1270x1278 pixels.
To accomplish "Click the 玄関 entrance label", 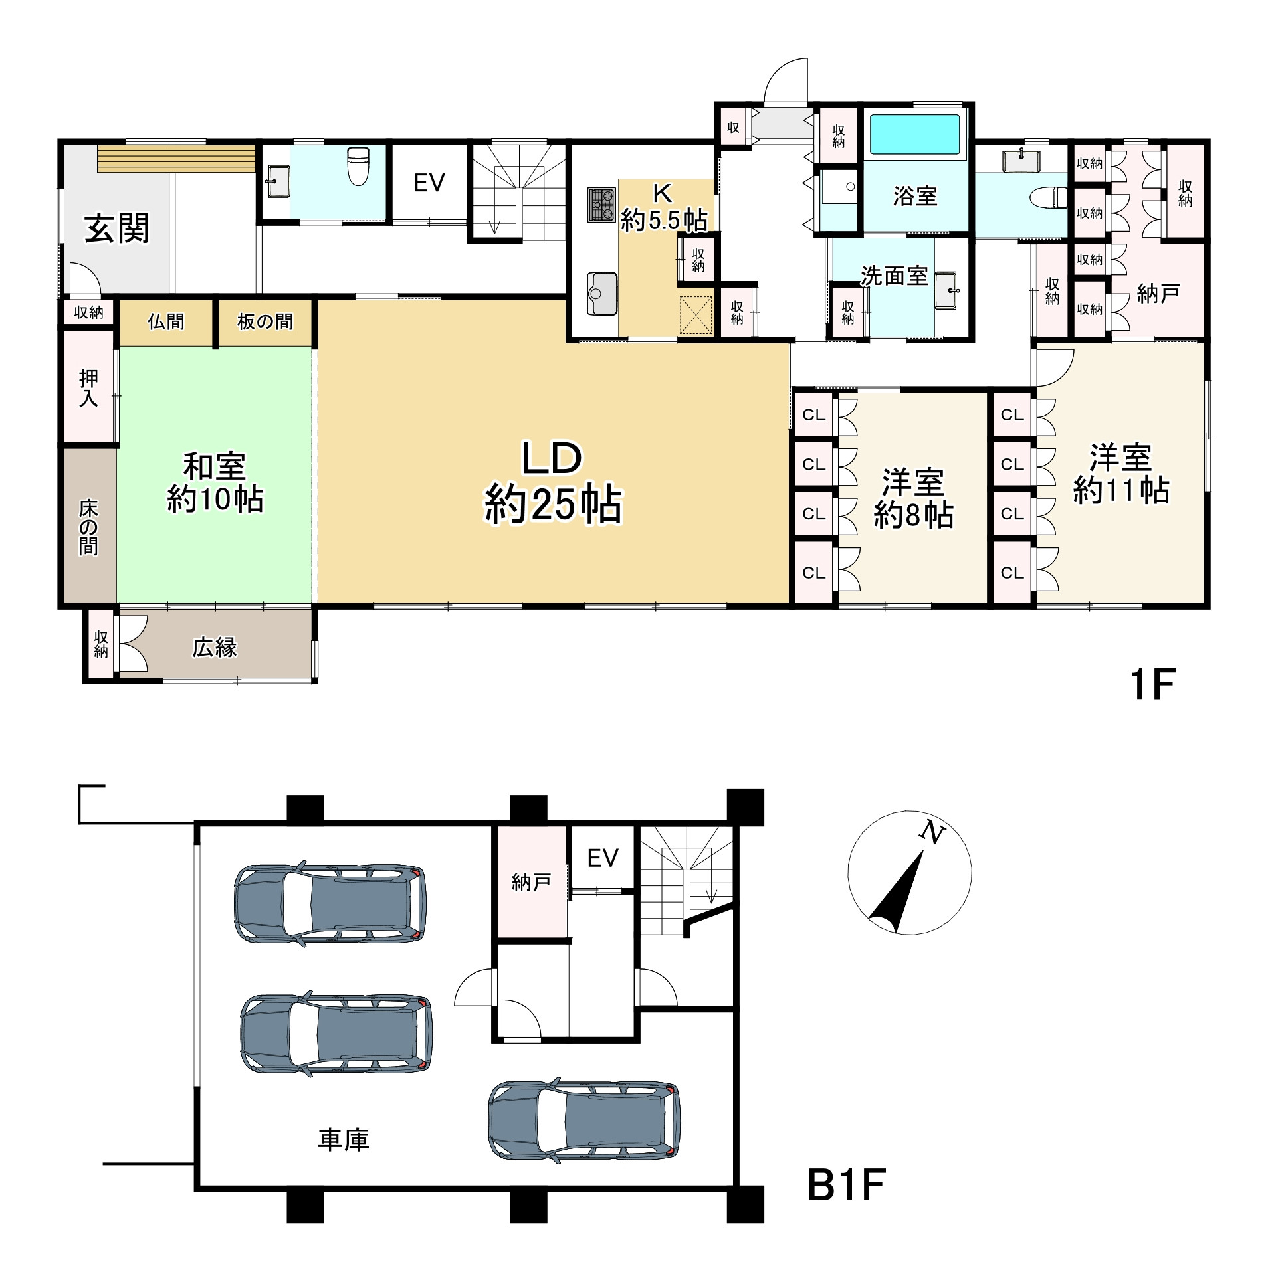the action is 117,228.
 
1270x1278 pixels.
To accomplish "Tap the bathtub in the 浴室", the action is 915,135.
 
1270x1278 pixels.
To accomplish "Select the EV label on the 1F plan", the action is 429,183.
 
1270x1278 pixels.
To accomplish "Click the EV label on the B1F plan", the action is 603,858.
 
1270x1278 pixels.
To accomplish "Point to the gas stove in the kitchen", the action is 601,205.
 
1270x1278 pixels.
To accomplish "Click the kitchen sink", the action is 602,293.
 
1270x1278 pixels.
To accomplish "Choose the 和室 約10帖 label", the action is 215,483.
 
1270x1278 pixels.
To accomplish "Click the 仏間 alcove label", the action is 166,322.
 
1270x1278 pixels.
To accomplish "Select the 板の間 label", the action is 265,322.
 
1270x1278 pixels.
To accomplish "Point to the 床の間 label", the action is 88,528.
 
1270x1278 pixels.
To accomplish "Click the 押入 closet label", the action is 88,388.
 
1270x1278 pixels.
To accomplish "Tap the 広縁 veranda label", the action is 215,648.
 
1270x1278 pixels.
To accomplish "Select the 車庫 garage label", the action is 343,1140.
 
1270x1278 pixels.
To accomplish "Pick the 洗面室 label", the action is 894,276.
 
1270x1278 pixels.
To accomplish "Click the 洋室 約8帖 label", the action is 914,499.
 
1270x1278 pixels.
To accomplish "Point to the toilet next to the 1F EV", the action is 358,167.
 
